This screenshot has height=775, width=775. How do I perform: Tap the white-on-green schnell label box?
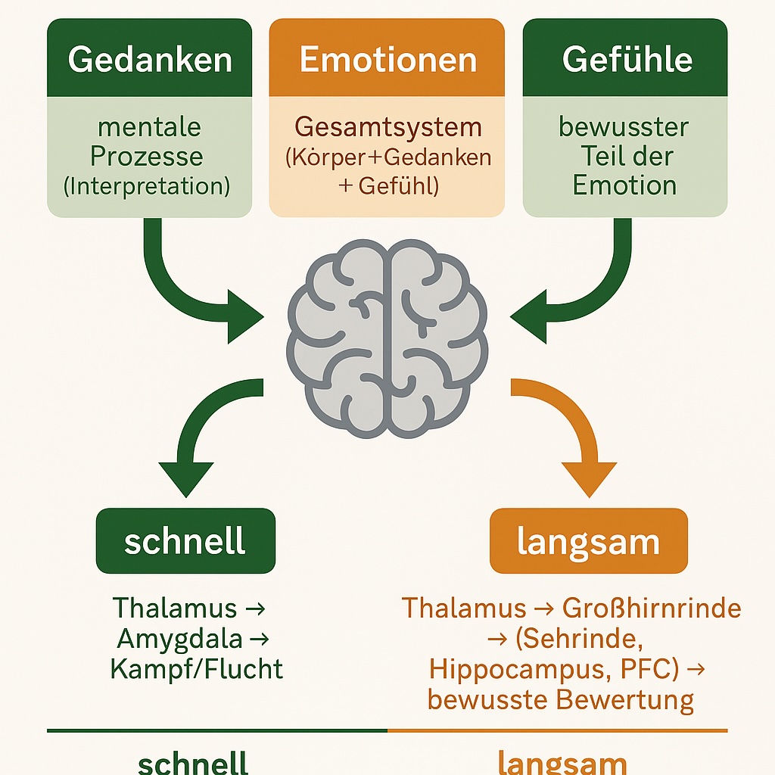click(185, 540)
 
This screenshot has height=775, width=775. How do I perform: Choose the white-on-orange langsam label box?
click(589, 540)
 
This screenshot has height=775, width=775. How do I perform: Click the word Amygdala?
click(180, 640)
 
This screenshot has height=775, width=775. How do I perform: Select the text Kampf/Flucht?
click(196, 670)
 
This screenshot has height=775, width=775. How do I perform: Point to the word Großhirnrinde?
click(652, 608)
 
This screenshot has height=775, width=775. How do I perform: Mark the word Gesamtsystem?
click(387, 126)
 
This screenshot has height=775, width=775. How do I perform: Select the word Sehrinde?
click(580, 639)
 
